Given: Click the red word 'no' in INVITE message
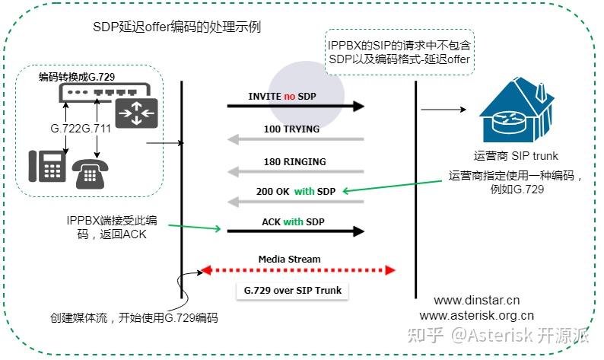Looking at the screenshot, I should [289, 97].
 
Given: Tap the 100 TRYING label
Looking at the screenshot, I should [291, 129].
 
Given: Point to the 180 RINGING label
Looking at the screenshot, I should [294, 161].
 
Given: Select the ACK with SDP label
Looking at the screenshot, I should [294, 222].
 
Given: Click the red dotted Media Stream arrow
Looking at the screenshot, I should [297, 269].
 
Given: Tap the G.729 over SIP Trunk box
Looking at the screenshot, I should [293, 291].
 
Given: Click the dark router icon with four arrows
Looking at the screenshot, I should [137, 112].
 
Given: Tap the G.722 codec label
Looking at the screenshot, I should [66, 129].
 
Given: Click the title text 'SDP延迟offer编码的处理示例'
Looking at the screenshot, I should [176, 28].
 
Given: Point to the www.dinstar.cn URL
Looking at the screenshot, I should [476, 301].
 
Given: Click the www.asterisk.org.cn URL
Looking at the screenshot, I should [476, 315].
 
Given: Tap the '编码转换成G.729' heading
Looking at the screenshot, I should [78, 78].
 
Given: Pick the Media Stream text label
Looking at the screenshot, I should [290, 259].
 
